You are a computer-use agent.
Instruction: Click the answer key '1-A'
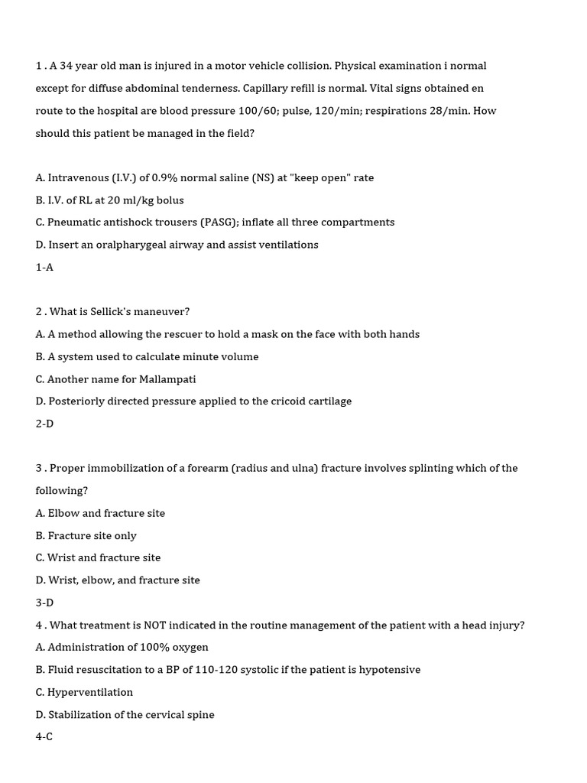click(x=44, y=268)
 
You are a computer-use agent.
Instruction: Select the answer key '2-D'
click(x=44, y=424)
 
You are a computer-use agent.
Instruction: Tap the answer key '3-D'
click(x=44, y=603)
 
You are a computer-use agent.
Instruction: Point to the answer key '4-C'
click(x=44, y=737)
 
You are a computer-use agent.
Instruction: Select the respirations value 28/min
click(x=450, y=111)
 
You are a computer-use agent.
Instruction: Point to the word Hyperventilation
click(x=90, y=692)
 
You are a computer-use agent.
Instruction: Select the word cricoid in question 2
click(x=291, y=401)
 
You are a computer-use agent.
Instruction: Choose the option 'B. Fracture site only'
click(x=86, y=535)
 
